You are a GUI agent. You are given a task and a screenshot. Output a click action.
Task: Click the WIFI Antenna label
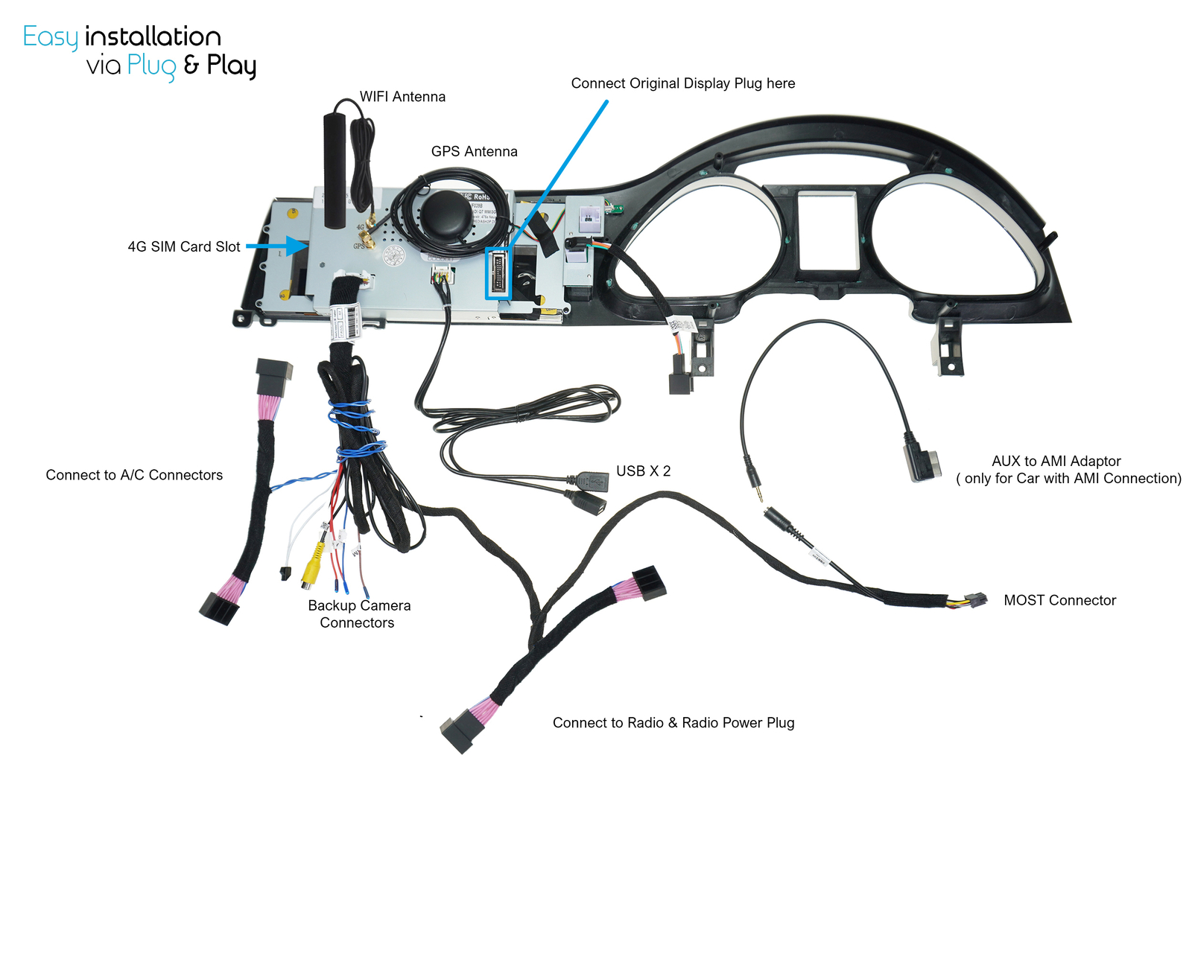coord(402,97)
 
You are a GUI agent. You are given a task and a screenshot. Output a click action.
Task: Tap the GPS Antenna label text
coord(474,151)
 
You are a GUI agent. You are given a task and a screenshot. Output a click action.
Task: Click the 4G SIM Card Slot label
coord(184,246)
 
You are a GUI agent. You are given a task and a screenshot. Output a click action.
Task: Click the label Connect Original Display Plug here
coord(682,83)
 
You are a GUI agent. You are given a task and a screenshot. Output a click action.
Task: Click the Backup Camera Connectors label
coord(359,614)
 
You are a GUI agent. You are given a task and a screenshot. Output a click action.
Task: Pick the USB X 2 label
coord(643,471)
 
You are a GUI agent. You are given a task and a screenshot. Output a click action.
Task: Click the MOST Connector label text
coord(1059,600)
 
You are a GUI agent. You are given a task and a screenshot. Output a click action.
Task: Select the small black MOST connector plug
coord(974,600)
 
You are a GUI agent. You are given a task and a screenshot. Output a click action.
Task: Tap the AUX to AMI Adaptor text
coord(1056,461)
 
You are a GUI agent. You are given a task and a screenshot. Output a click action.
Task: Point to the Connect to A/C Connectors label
coord(134,475)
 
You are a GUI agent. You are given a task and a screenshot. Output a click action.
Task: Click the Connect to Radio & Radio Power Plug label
coord(673,722)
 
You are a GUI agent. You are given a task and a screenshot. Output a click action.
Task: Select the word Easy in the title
coord(50,36)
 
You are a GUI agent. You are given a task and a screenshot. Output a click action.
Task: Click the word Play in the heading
coord(232,66)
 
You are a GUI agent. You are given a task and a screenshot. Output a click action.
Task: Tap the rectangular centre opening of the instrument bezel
coord(828,231)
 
